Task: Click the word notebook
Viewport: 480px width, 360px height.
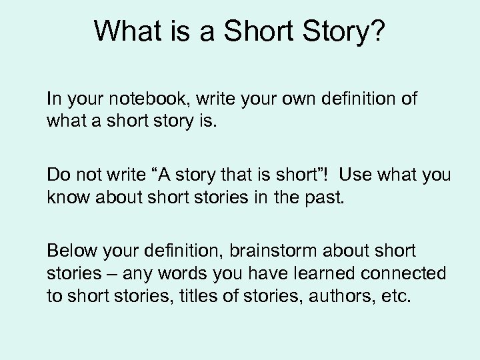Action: point(146,100)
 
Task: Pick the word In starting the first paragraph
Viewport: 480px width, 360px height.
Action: point(53,100)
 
